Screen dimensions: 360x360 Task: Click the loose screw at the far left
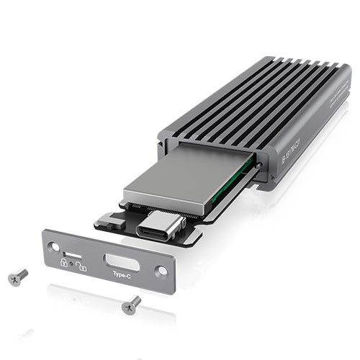[x=18, y=276]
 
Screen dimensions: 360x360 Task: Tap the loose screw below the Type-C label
[x=131, y=304]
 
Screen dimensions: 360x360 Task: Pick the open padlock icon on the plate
[x=82, y=266]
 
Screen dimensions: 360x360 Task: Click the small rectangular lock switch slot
[x=72, y=255]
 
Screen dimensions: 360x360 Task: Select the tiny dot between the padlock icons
[x=73, y=265]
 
